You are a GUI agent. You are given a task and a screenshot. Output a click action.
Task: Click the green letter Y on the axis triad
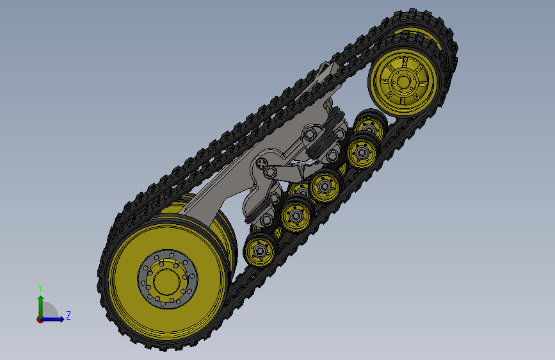(40, 288)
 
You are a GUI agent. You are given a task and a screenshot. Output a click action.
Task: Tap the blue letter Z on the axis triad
(68, 315)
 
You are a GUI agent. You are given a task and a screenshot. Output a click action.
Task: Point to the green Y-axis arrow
(41, 306)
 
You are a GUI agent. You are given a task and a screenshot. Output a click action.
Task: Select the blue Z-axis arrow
(52, 319)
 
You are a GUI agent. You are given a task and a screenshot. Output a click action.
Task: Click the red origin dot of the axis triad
(40, 320)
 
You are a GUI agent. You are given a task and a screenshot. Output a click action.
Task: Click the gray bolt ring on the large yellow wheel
(168, 279)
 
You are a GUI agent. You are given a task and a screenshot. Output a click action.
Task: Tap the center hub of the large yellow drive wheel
(167, 281)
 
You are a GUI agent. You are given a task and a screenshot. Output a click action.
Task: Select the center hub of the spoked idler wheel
(403, 82)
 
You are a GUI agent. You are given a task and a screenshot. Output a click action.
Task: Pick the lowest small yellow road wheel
(260, 250)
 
